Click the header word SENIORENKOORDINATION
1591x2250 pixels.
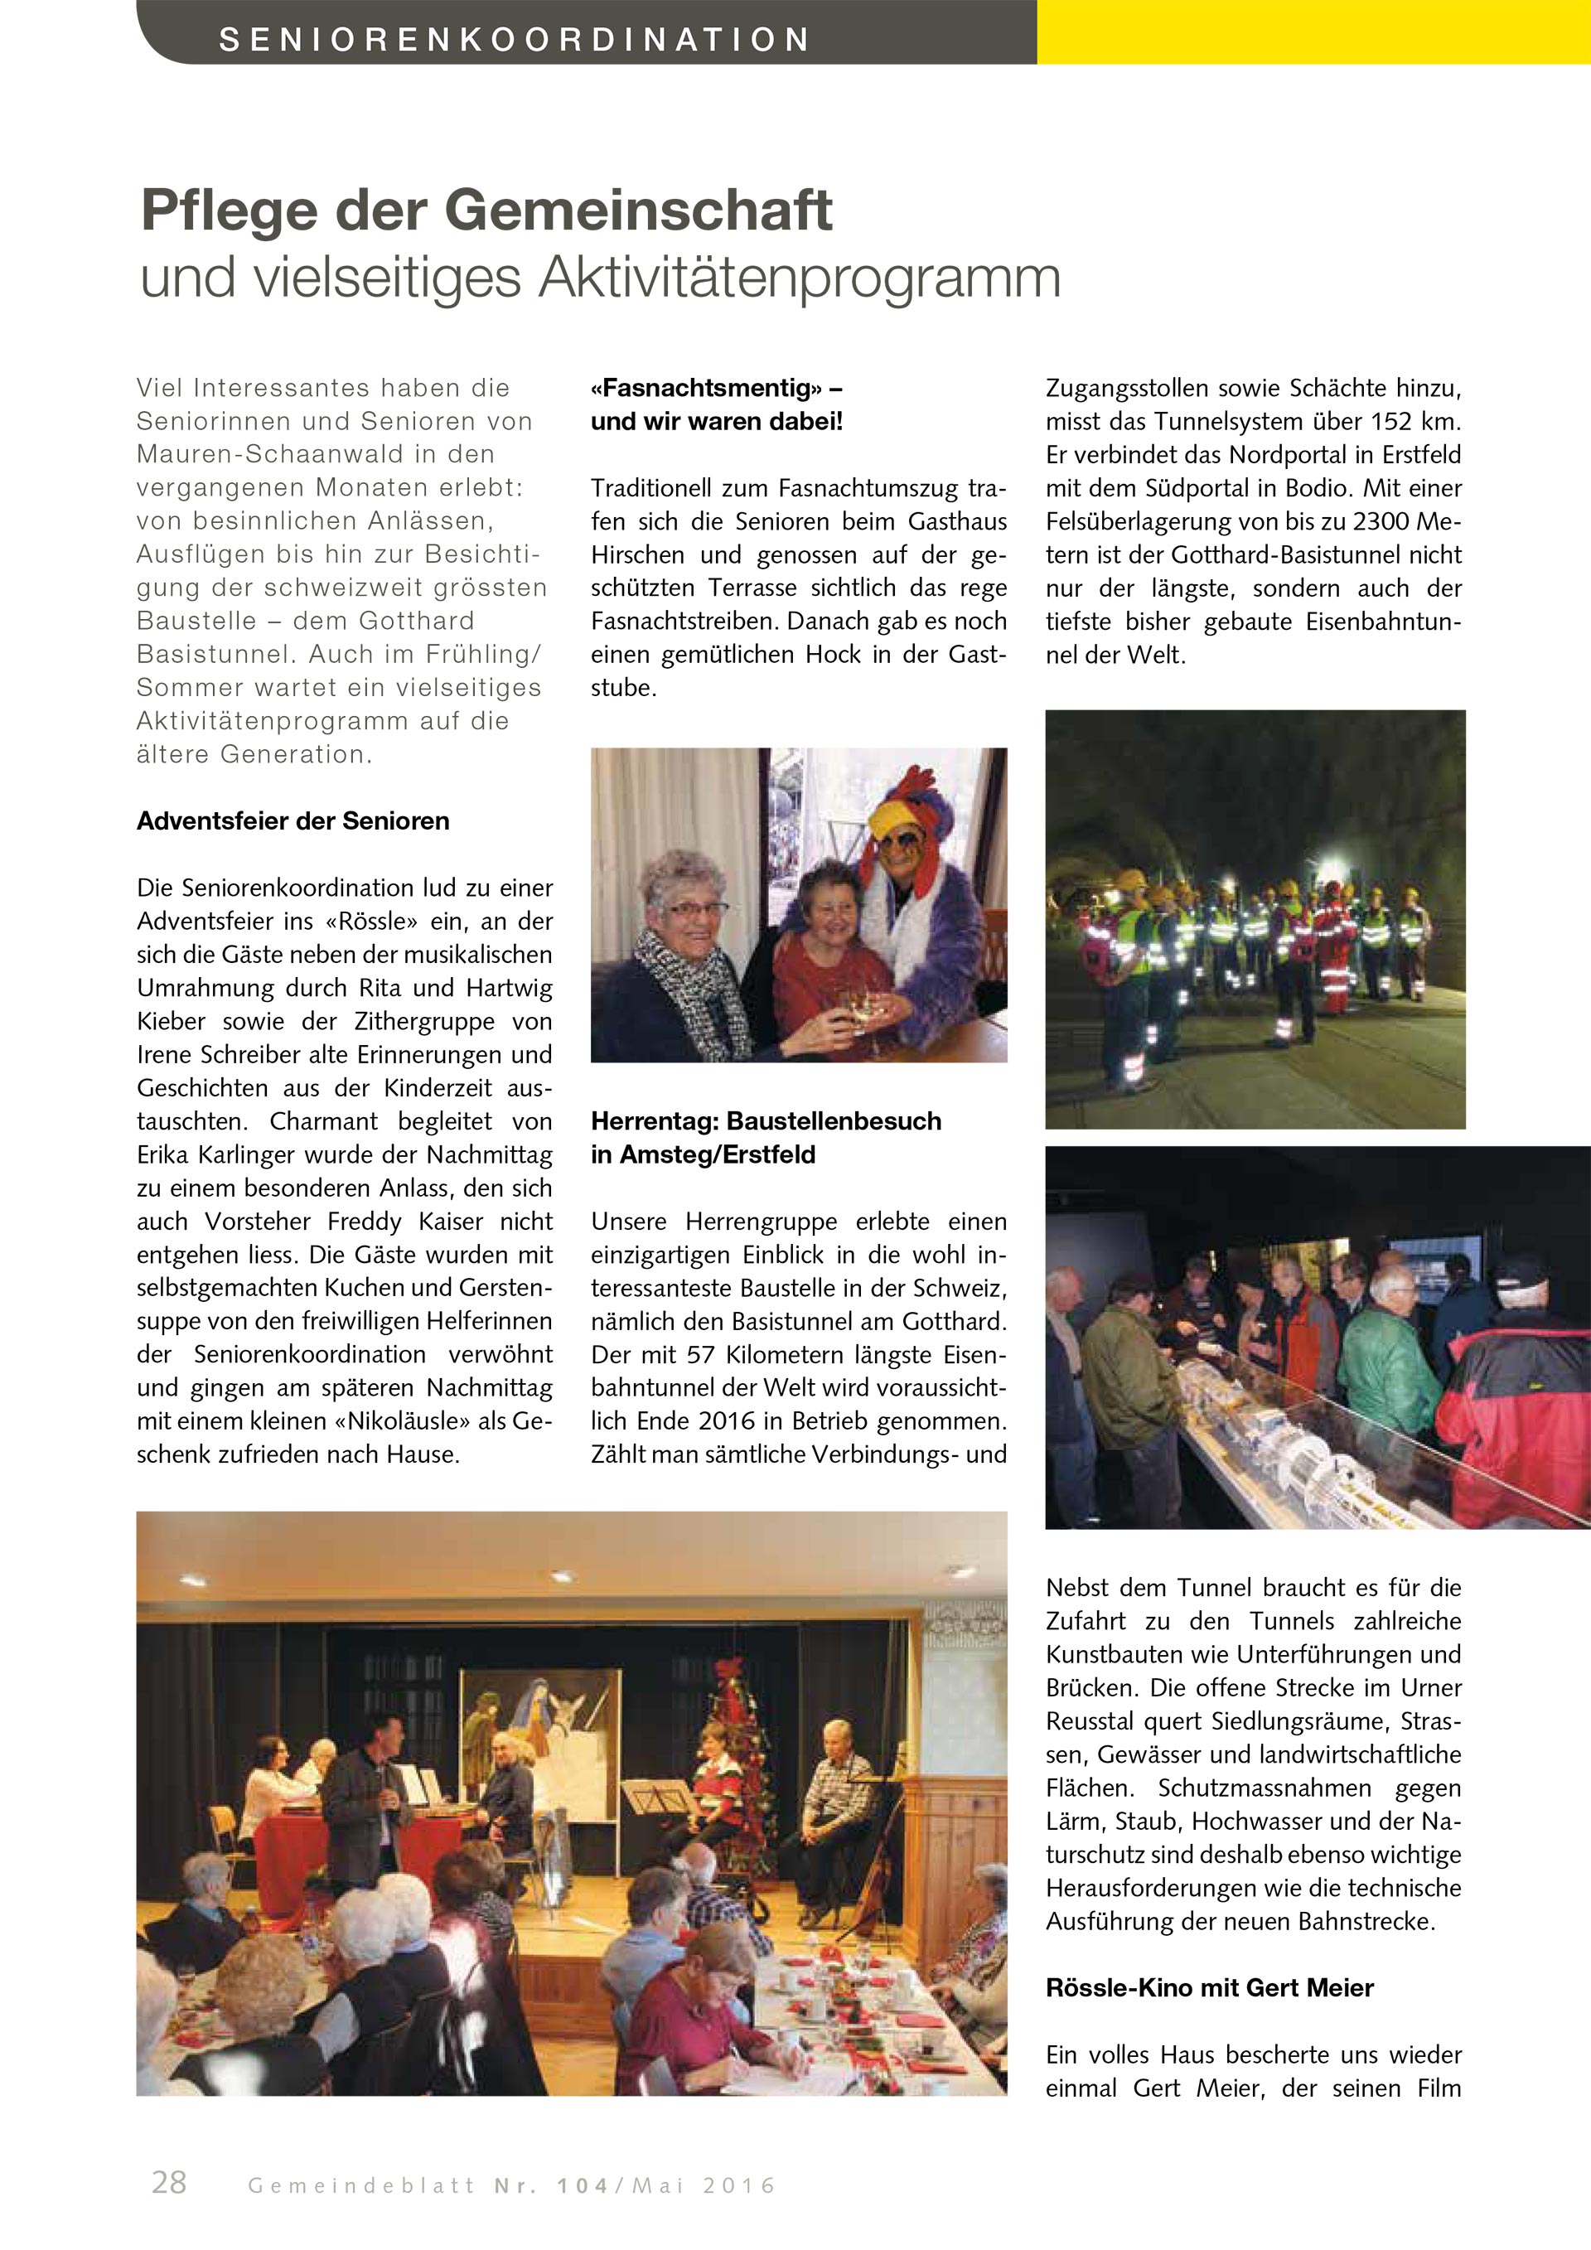point(515,39)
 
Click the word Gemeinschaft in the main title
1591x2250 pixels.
point(638,210)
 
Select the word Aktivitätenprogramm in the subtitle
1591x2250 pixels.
point(799,278)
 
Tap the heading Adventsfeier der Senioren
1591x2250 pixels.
point(293,821)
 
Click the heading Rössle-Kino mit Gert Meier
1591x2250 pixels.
point(1209,1987)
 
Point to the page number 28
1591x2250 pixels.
point(168,2182)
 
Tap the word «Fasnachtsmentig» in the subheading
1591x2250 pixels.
point(705,388)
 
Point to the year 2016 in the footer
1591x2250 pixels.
point(740,2185)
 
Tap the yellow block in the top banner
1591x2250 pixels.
point(1313,31)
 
